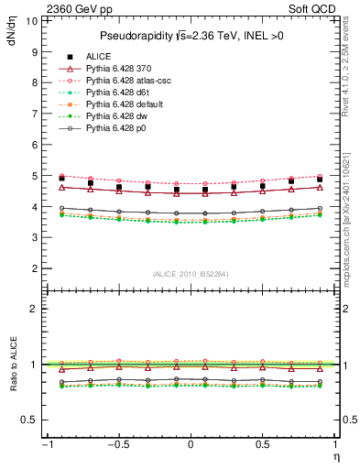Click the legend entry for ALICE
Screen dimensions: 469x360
tap(100, 56)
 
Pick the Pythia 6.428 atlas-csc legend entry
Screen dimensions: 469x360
tap(127, 81)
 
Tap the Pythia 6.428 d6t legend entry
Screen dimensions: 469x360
tap(117, 93)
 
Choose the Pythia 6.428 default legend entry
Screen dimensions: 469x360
tap(124, 104)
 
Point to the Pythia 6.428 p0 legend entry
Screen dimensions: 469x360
tap(116, 128)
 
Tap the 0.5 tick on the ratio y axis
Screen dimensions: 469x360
tap(32, 420)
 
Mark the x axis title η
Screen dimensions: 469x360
tap(336, 455)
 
